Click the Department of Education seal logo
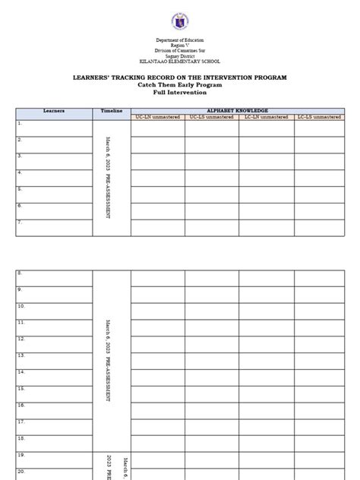(x=179, y=19)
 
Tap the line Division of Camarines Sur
(x=179, y=50)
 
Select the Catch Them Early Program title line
(x=179, y=85)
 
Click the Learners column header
(x=54, y=111)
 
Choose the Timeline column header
(x=112, y=111)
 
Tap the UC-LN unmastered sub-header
(x=157, y=117)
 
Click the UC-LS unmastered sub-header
(x=212, y=117)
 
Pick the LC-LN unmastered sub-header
(x=267, y=117)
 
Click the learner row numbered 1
(x=54, y=127)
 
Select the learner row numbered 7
(x=54, y=227)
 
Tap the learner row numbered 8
(x=54, y=277)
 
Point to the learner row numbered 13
(x=54, y=360)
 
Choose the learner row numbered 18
(x=54, y=442)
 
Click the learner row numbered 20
(x=54, y=472)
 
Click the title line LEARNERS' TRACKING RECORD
(x=179, y=78)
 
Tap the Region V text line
(x=179, y=45)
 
